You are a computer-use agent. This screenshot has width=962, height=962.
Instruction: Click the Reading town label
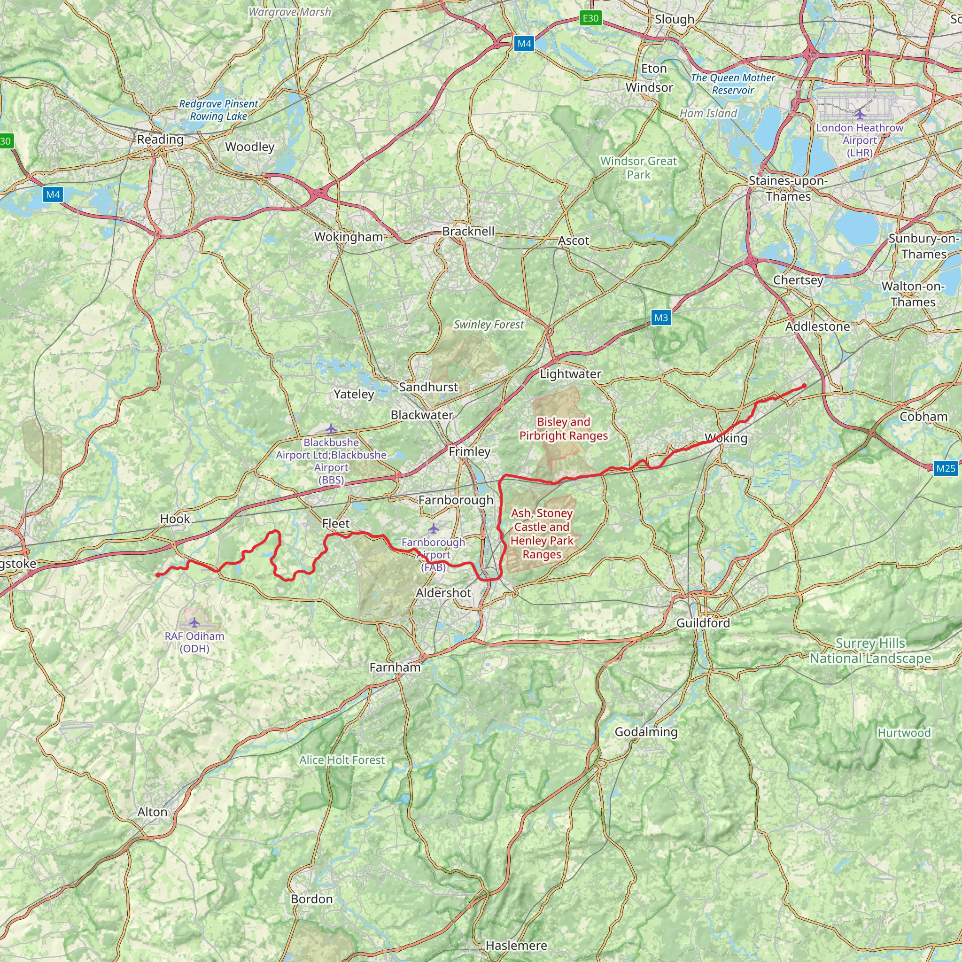(x=160, y=140)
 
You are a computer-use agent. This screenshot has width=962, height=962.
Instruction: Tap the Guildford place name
(x=703, y=623)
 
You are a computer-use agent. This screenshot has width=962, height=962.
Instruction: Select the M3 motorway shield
(x=661, y=318)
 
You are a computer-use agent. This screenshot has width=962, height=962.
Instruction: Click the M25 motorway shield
(x=945, y=468)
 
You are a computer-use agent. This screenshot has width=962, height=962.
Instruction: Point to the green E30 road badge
(x=590, y=18)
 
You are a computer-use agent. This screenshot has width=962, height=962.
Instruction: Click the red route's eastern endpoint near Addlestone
(x=804, y=386)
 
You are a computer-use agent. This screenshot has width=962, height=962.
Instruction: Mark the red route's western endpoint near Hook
(x=157, y=575)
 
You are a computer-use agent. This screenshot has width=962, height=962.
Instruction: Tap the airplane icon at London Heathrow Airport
(x=860, y=115)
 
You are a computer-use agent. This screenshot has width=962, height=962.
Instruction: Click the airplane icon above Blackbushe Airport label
(x=331, y=429)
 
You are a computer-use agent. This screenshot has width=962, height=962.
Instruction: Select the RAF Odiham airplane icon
(x=194, y=622)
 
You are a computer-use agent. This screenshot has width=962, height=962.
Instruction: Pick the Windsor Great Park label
(x=638, y=168)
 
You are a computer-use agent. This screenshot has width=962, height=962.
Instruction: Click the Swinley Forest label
(x=489, y=325)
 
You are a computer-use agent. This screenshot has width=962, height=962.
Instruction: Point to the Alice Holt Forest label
(x=342, y=760)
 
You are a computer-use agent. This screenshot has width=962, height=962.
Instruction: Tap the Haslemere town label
(x=516, y=945)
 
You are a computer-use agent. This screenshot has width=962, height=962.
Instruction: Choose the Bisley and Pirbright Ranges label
(x=563, y=429)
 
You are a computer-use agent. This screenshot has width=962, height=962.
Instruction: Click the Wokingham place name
(x=348, y=237)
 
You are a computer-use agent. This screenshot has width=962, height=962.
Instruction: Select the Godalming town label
(x=646, y=731)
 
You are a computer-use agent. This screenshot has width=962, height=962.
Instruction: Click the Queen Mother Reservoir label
(x=732, y=84)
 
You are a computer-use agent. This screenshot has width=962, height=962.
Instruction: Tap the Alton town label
(x=152, y=812)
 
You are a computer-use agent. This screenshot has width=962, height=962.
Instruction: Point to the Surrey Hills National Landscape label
(x=870, y=651)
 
